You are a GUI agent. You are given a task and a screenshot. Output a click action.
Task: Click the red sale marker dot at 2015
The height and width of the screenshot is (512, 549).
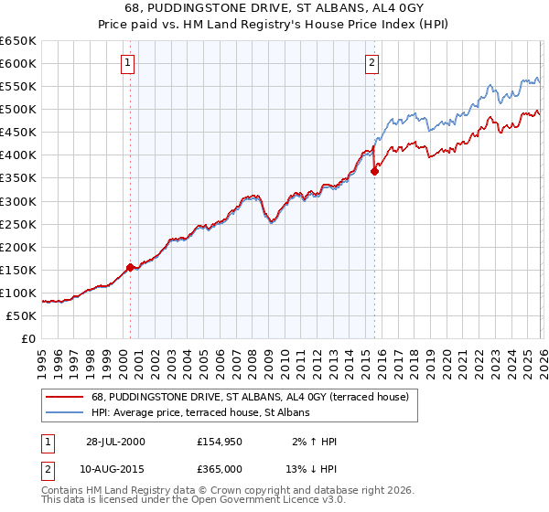(374, 171)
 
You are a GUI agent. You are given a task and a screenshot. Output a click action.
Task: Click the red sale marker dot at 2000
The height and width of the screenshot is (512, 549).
(131, 267)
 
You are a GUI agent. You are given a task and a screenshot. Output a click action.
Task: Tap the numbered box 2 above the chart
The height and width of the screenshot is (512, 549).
(372, 63)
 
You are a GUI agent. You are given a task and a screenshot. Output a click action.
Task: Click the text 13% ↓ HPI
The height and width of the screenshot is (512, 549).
(310, 471)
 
